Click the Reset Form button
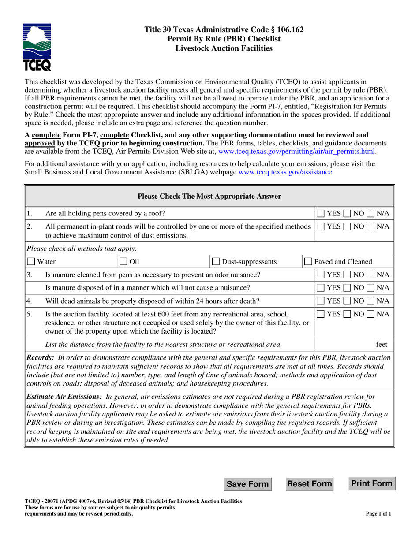[x=310, y=484]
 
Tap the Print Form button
[x=371, y=483]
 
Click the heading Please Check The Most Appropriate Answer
[x=209, y=196]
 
